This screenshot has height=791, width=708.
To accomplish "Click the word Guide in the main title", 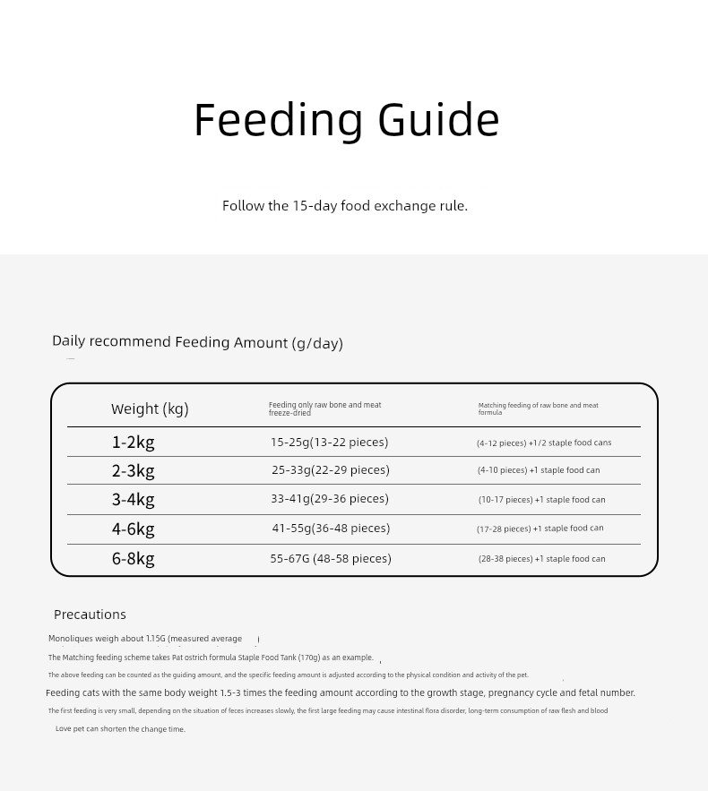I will [x=438, y=120].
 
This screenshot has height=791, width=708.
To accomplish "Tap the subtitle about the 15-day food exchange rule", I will [x=345, y=206].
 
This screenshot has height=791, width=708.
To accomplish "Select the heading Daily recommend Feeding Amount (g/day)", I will [x=197, y=342].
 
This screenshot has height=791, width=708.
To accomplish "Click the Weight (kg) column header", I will [x=150, y=409].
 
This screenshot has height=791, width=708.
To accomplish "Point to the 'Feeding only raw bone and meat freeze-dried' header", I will [x=324, y=408].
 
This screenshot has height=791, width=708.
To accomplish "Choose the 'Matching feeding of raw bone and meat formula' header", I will [x=538, y=408].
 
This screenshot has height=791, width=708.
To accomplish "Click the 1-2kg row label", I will [x=133, y=443].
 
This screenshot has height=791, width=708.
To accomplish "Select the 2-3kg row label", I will [x=133, y=471].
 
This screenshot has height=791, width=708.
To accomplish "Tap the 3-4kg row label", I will [x=133, y=500].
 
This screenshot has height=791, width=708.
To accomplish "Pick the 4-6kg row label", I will [x=133, y=529].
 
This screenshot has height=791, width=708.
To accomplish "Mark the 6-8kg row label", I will [x=133, y=559].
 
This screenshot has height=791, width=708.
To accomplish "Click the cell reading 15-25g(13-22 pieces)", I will [x=329, y=443].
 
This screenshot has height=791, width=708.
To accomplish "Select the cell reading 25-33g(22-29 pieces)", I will [x=330, y=470].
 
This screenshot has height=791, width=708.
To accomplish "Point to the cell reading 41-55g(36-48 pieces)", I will [x=331, y=529].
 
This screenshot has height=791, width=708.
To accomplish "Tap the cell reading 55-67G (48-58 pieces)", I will [x=331, y=559].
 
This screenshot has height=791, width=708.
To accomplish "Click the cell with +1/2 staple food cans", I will [x=544, y=443].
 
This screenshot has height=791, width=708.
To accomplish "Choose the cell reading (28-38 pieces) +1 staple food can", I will [x=541, y=559].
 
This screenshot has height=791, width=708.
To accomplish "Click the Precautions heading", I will [x=90, y=615].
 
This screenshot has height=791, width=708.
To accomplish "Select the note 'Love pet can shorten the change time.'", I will [x=120, y=729].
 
